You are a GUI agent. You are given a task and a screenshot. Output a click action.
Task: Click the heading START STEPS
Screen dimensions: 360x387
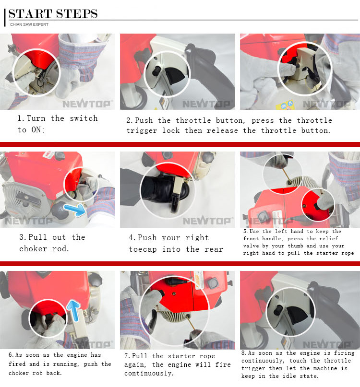(x=53, y=13)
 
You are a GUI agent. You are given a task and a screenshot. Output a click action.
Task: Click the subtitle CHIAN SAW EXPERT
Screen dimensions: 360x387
(x=29, y=24)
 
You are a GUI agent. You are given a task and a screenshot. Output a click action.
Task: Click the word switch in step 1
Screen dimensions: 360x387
(x=84, y=118)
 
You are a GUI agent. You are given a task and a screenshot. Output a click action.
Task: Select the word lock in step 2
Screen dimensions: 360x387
(x=171, y=130)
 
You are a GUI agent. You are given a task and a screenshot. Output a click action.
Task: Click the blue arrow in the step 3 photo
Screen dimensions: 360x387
(x=74, y=210)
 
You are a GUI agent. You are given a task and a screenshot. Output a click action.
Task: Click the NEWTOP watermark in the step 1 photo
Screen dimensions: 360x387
(x=86, y=104)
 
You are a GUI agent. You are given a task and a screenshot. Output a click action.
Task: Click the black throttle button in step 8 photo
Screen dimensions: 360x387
(x=279, y=309)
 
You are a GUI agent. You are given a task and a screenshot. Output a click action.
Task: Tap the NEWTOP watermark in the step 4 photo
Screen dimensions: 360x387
(x=207, y=221)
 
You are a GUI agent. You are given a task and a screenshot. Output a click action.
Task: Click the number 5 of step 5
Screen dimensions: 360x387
(x=245, y=232)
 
